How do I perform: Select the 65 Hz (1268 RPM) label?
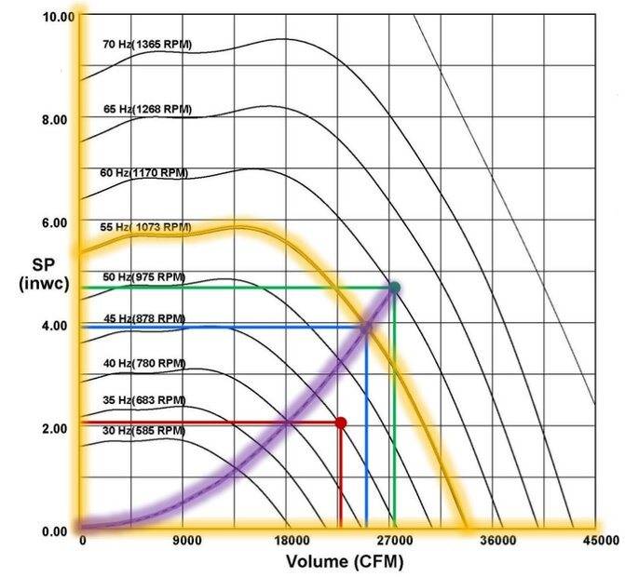pos(148,109)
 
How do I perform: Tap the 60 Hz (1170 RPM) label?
pos(144,173)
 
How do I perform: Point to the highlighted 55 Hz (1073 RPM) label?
pos(145,227)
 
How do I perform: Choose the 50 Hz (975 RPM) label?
pos(143,277)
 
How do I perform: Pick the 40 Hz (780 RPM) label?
pos(143,363)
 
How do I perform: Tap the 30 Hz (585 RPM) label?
pos(143,431)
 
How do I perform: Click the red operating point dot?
pos(341,423)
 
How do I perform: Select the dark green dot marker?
pos(394,288)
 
